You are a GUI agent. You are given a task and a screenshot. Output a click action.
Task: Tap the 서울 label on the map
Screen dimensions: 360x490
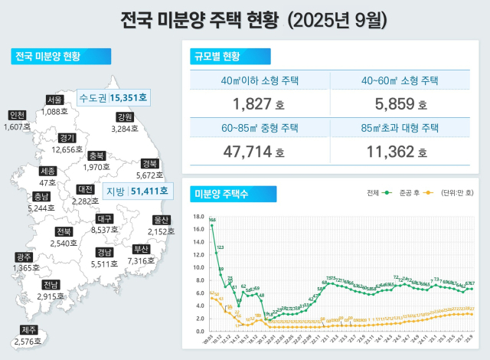54,100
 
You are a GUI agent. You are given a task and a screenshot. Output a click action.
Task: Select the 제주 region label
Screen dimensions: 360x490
28,330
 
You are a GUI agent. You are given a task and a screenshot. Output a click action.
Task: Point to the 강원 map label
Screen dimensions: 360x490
125,117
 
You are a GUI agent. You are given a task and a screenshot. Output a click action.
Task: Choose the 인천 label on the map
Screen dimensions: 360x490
15,115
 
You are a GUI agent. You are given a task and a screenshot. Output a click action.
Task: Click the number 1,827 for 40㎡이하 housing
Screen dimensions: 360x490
249,103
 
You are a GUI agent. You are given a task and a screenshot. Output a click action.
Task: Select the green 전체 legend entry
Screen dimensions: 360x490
381,193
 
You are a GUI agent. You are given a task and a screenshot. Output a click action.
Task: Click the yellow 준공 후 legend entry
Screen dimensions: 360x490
418,193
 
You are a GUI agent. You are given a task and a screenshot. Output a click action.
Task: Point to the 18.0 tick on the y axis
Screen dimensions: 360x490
198,216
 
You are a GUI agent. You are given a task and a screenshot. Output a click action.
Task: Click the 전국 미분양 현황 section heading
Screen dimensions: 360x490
48,56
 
